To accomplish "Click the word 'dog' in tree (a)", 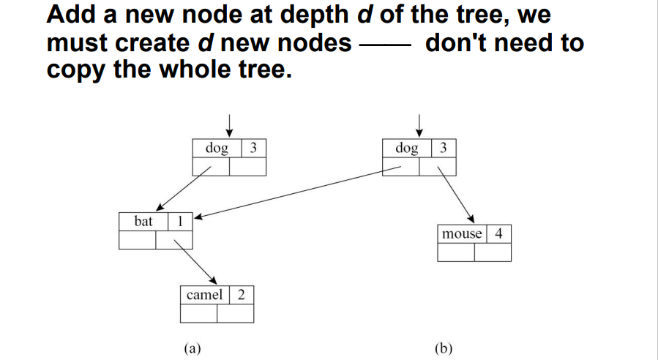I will click(216, 148).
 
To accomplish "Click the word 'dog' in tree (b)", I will click(406, 148).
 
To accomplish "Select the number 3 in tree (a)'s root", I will click(253, 148).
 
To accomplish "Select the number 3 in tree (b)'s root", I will click(444, 148).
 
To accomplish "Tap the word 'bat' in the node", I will click(143, 220).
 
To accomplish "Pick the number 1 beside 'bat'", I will click(181, 220).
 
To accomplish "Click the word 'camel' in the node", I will click(204, 295).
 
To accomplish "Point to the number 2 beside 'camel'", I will click(242, 295).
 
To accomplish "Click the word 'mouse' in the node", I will click(462, 234).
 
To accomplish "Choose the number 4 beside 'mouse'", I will click(498, 234).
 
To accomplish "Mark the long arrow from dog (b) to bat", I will click(293, 192).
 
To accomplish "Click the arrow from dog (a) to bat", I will click(183, 187).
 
